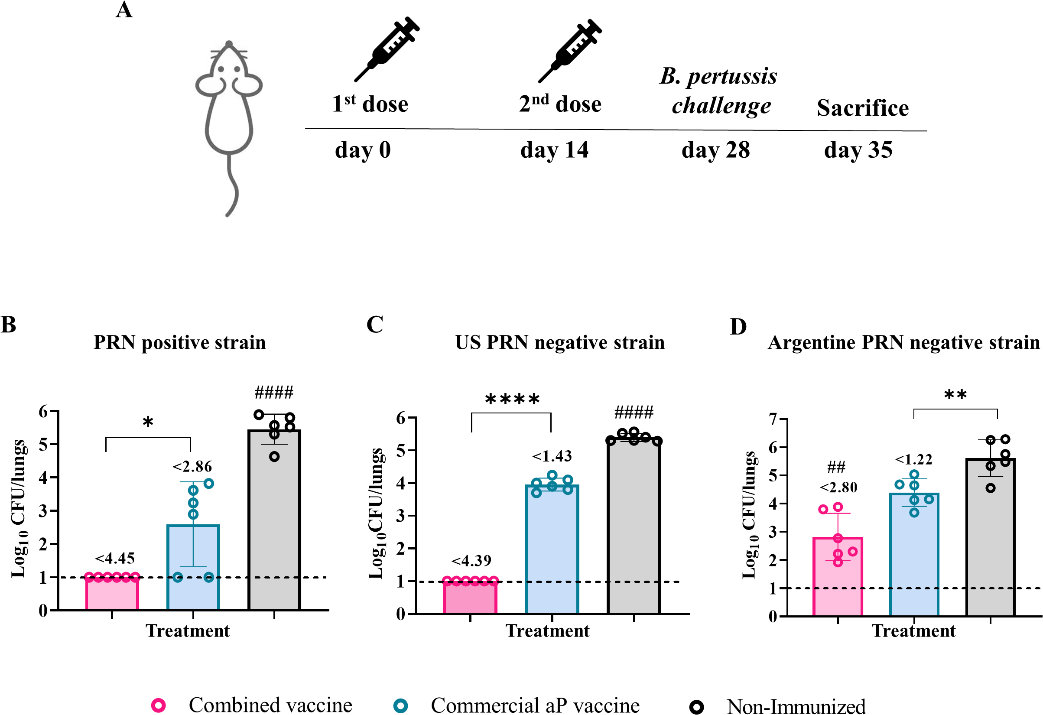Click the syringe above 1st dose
click(x=387, y=49)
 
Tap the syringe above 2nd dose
click(x=570, y=50)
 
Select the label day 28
click(x=715, y=150)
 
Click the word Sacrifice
click(x=862, y=108)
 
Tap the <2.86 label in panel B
click(x=192, y=467)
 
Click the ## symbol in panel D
click(x=837, y=467)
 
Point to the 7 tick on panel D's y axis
click(x=772, y=419)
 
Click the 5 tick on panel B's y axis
click(x=43, y=445)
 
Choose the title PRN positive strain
click(x=179, y=342)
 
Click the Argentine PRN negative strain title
click(x=903, y=342)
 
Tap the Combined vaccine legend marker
click(x=159, y=705)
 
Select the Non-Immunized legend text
click(x=796, y=706)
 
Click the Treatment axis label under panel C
click(x=547, y=630)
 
